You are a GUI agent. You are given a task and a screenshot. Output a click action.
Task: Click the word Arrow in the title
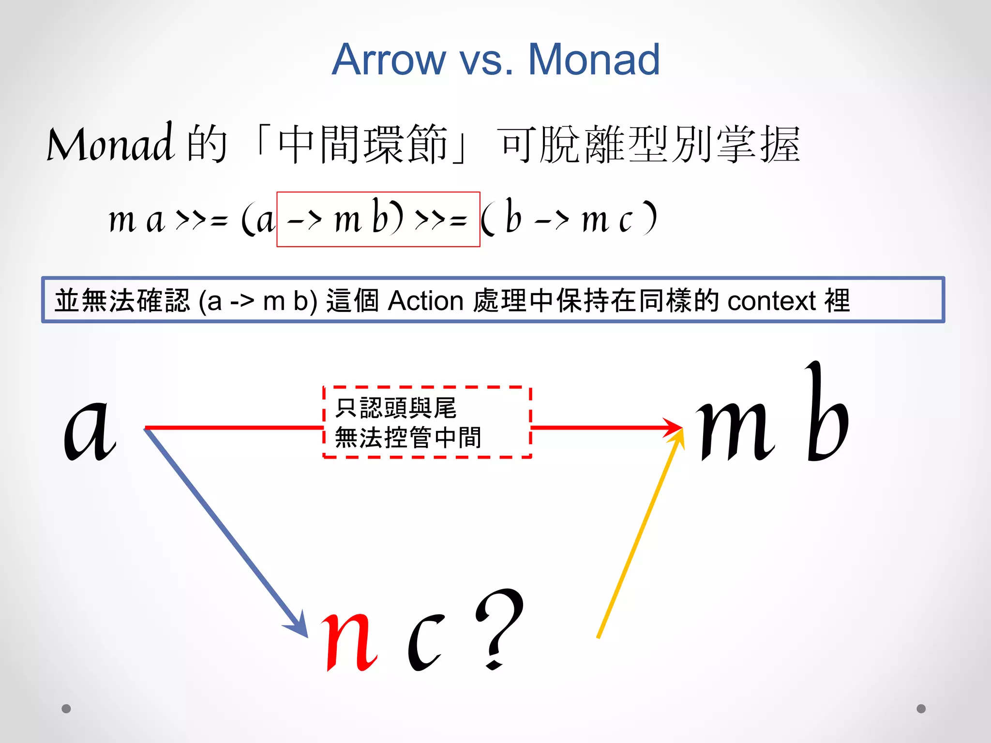click(x=389, y=59)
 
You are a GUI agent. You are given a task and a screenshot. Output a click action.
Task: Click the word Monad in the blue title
click(x=594, y=59)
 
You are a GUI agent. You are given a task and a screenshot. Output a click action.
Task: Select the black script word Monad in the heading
click(x=110, y=144)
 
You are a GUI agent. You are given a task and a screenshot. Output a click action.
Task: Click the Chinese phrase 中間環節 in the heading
click(x=362, y=144)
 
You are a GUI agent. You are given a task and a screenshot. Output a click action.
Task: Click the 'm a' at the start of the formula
click(x=137, y=220)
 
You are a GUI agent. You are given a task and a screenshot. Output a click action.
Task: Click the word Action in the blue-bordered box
click(x=426, y=301)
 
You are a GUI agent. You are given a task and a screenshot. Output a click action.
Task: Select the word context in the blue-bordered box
click(x=772, y=301)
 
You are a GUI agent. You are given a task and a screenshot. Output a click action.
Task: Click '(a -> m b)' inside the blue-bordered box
click(x=257, y=301)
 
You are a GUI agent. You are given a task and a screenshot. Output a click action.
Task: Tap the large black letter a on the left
click(x=90, y=431)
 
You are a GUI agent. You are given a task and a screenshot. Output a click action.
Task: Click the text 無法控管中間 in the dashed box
click(x=408, y=438)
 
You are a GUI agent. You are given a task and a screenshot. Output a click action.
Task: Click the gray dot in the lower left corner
click(x=66, y=709)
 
